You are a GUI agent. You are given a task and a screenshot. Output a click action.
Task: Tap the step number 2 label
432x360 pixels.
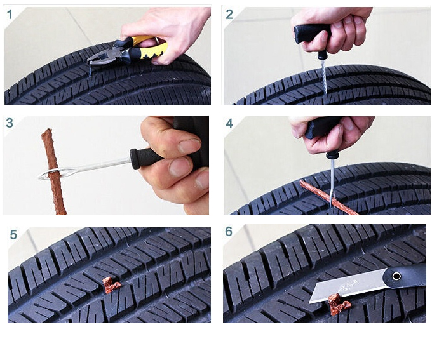click(x=229, y=15)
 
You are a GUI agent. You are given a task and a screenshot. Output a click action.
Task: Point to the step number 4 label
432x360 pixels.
click(x=229, y=123)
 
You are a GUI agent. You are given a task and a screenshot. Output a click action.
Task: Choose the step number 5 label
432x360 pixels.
click(x=13, y=234)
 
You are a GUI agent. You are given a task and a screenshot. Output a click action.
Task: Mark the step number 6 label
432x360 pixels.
click(x=229, y=232)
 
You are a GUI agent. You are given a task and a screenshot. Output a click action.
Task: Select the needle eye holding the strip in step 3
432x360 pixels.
click(x=50, y=172)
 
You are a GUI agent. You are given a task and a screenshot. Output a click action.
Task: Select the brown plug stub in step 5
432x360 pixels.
click(x=112, y=286)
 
